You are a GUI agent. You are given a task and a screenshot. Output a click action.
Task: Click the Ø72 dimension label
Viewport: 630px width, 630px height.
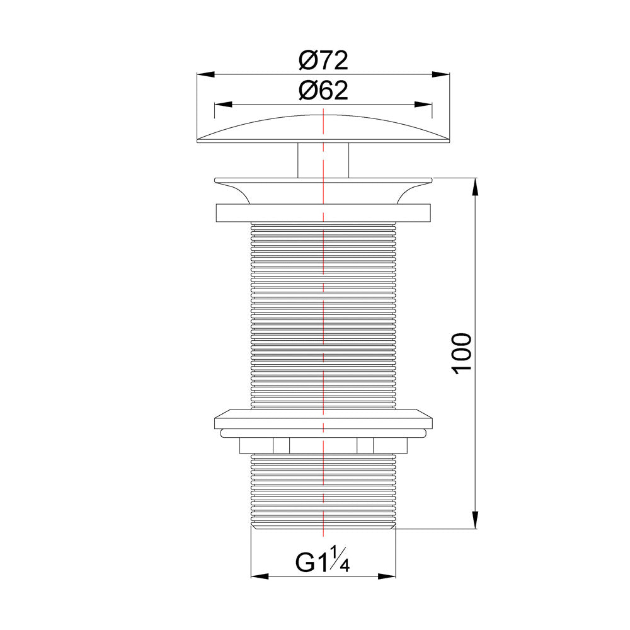point(323,60)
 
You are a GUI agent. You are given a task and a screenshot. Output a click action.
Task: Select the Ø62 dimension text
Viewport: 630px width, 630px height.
point(323,90)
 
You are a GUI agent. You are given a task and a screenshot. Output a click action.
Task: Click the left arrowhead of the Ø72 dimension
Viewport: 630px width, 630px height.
point(205,74)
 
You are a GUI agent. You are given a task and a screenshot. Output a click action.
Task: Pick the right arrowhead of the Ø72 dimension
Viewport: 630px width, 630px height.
point(441,74)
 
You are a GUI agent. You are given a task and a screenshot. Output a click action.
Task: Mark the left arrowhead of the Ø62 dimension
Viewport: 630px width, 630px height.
point(224,105)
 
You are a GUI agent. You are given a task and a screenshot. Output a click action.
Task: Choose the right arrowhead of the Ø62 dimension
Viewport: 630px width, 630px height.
point(423,105)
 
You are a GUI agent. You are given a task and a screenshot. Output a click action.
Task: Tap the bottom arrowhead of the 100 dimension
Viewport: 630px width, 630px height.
point(475,520)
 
